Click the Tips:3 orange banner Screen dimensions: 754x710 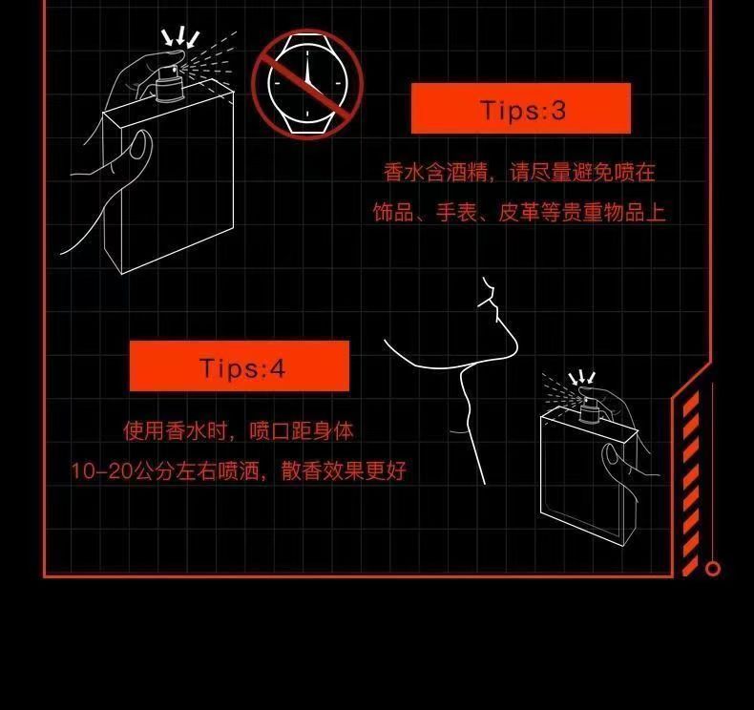521,108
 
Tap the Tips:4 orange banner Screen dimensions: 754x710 240,365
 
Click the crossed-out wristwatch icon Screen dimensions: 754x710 307,84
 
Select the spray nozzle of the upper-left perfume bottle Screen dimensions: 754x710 169,84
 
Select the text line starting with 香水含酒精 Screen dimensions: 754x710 519,172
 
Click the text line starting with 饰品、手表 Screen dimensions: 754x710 519,212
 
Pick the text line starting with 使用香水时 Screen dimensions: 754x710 239,430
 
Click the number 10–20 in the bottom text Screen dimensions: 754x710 101,471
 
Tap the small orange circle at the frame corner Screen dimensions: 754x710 713,569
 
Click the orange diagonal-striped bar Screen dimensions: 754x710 690,483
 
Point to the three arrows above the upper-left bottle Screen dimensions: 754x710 180,37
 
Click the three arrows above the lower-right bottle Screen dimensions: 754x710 582,377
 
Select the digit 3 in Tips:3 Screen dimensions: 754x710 557,110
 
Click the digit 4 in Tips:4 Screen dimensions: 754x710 278,368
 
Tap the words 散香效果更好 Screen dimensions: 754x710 344,471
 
